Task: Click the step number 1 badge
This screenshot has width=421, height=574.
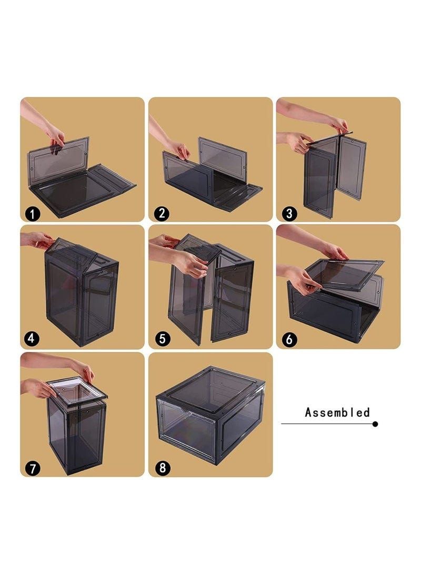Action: (33, 214)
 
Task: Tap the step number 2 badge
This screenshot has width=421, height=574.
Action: (162, 214)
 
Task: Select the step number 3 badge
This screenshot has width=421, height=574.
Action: (289, 214)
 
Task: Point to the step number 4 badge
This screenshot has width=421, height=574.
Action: (32, 339)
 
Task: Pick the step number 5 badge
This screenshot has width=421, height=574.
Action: (162, 339)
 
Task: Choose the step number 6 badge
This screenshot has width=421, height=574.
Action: (289, 339)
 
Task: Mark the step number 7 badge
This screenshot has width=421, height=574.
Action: (33, 468)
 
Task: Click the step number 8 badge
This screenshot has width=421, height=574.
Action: (162, 468)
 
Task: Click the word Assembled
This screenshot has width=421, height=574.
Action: (337, 412)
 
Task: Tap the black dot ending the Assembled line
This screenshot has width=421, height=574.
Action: (375, 424)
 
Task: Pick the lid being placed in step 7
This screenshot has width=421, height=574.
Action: (77, 390)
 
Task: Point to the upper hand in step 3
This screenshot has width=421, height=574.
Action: (337, 125)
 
